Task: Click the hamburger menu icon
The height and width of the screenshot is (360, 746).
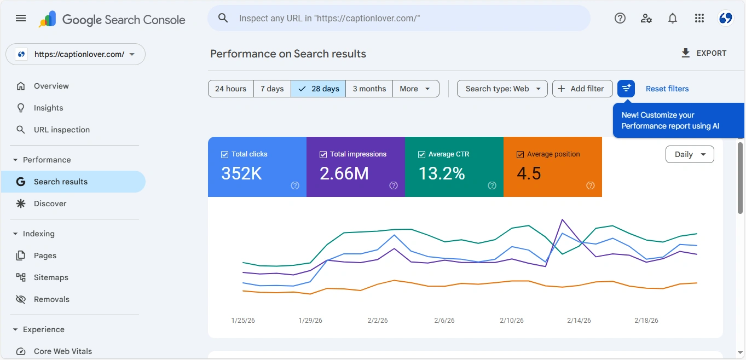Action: point(21,19)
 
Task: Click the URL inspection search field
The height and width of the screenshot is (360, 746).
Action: point(398,19)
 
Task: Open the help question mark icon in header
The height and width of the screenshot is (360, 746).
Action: point(620,19)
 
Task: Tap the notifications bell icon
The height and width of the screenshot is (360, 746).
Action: point(673,19)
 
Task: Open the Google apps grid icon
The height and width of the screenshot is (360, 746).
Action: point(699,19)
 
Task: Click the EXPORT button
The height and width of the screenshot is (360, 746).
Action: point(704,53)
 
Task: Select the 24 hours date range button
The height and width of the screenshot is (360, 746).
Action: point(230,89)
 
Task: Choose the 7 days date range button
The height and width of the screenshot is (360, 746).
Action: point(272,89)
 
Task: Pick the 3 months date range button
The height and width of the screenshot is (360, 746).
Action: point(369,89)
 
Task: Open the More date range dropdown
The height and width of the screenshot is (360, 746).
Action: point(416,89)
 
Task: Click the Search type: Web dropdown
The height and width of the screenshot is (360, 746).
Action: point(502,89)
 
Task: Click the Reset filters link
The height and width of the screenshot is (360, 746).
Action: point(667,89)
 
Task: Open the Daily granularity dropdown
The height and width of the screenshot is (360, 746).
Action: point(689,154)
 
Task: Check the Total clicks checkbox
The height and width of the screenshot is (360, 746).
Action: point(224,154)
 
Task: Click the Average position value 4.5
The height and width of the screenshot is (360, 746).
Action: point(529,173)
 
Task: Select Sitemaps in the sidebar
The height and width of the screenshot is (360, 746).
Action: point(51,277)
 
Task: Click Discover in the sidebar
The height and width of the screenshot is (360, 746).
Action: point(50,204)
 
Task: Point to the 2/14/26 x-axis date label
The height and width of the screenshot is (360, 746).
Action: point(579,321)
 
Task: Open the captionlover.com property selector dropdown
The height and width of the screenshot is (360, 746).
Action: point(76,54)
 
